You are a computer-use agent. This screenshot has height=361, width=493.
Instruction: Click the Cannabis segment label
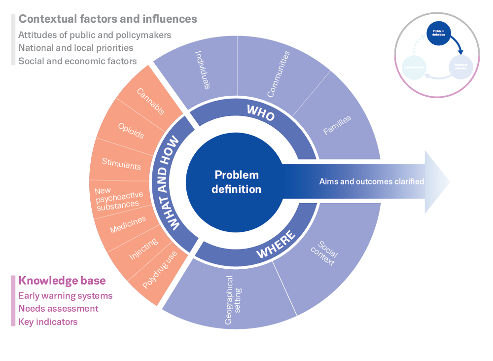click(x=150, y=102)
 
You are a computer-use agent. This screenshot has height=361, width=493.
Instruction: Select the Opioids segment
click(x=131, y=130)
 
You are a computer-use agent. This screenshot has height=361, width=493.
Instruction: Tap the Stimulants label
click(x=121, y=163)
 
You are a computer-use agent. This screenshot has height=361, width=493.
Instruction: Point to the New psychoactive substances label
click(x=118, y=197)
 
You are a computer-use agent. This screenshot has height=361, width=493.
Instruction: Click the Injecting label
click(x=143, y=249)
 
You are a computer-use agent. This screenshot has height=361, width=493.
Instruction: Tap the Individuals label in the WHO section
click(x=203, y=70)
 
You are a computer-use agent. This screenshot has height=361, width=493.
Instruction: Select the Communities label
click(x=278, y=74)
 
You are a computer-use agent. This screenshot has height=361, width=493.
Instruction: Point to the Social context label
click(x=325, y=253)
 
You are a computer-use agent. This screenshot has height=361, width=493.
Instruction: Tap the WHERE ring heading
click(x=277, y=245)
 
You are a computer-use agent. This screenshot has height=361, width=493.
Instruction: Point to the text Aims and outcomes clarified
click(x=371, y=181)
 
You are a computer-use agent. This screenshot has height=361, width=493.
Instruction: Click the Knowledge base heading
click(x=62, y=281)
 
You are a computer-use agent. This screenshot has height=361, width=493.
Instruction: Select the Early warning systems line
click(x=66, y=296)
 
